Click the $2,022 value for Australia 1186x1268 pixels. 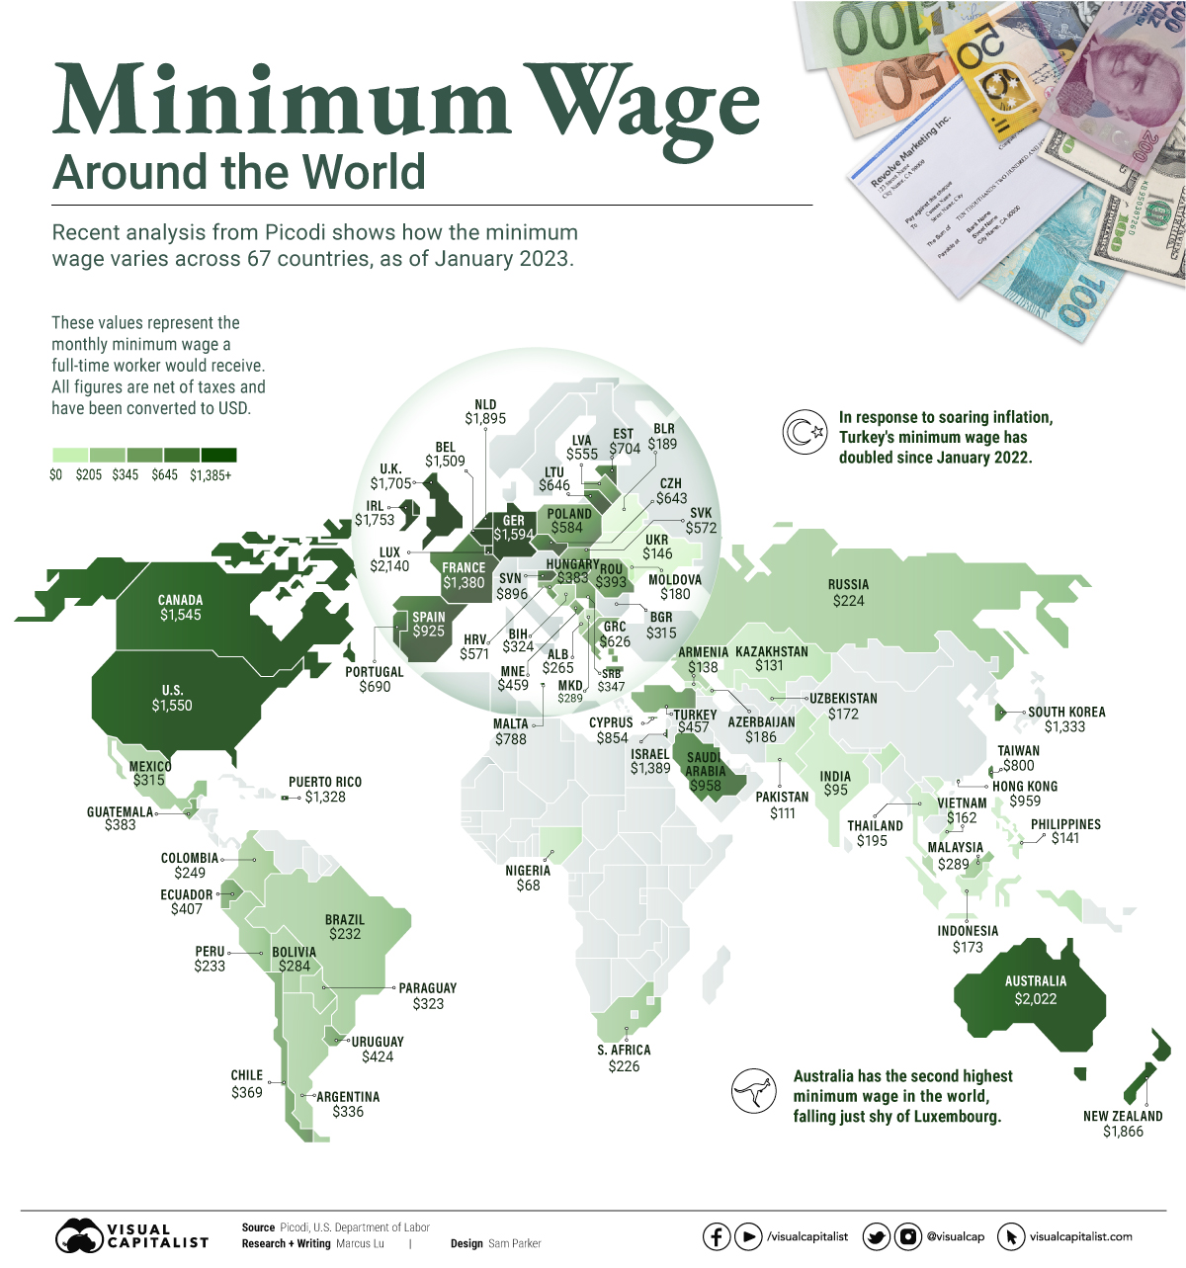pyautogui.click(x=1035, y=999)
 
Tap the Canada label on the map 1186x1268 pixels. pyautogui.click(x=180, y=600)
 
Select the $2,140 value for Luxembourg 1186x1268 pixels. pyautogui.click(x=389, y=567)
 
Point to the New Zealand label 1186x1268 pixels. pyautogui.click(x=1123, y=1116)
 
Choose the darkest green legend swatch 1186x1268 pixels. pyautogui.click(x=218, y=455)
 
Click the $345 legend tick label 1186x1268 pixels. pyautogui.click(x=126, y=475)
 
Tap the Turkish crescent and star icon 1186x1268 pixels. pyautogui.click(x=800, y=432)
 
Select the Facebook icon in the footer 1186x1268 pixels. pyautogui.click(x=717, y=1236)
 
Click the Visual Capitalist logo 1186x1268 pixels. pyautogui.click(x=131, y=1235)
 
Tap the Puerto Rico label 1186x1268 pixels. pyautogui.click(x=325, y=782)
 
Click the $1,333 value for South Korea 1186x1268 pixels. pyautogui.click(x=1064, y=726)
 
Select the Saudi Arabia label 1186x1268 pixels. pyautogui.click(x=705, y=764)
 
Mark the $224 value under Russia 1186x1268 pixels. pyautogui.click(x=848, y=601)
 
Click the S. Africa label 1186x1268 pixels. pyautogui.click(x=624, y=1050)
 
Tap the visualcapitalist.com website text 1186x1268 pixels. pyautogui.click(x=1081, y=1236)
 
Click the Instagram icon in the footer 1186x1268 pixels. pyautogui.click(x=907, y=1236)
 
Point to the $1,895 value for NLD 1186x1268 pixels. pyautogui.click(x=485, y=419)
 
